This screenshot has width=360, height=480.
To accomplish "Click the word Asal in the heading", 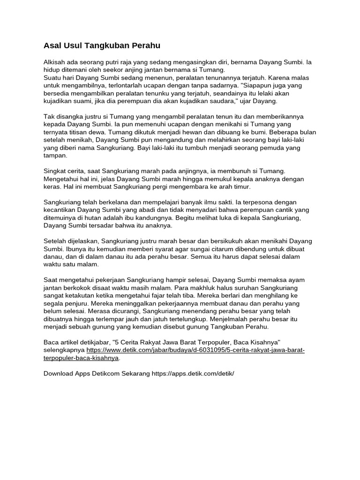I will (52, 45).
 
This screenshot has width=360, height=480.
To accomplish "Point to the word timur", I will (241, 187).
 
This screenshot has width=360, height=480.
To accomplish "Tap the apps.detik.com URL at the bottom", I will (193, 374).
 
